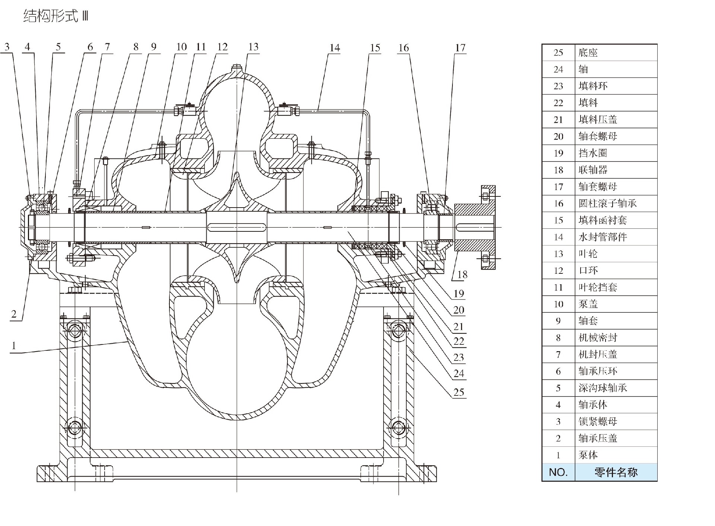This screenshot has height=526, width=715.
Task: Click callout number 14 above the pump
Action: [334, 48]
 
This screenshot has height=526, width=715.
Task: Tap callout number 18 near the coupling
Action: [462, 275]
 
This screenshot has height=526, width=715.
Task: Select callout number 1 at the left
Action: [14, 346]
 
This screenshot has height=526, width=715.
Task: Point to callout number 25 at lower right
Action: [459, 392]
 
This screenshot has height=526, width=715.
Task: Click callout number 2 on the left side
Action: [14, 314]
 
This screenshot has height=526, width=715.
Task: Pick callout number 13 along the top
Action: [253, 47]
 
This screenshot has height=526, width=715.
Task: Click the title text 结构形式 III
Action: [55, 16]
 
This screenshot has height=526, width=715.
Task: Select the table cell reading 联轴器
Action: [593, 170]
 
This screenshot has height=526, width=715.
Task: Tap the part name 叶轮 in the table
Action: [588, 254]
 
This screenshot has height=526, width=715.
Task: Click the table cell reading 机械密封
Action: [598, 337]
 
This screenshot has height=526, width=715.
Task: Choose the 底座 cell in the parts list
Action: [588, 52]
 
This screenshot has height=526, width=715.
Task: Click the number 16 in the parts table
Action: [558, 203]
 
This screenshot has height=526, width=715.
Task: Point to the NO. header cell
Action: [558, 472]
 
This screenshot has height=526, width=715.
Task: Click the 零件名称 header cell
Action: [616, 472]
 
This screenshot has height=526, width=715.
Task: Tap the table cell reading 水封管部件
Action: [603, 237]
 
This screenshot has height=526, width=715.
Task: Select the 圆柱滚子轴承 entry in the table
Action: [607, 203]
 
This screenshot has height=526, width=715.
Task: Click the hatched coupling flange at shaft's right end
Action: [475, 227]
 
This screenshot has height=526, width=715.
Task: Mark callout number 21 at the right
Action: [459, 326]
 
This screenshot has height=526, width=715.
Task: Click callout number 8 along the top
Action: [136, 47]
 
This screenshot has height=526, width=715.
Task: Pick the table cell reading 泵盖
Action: [588, 304]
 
